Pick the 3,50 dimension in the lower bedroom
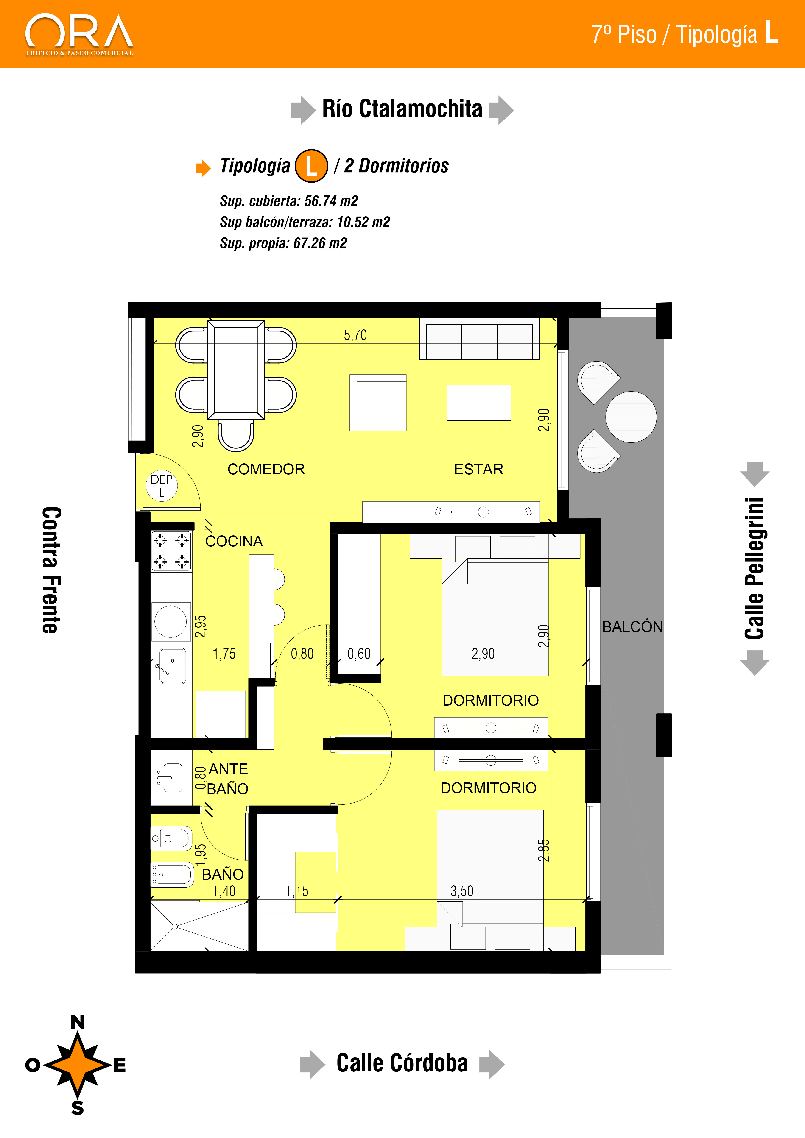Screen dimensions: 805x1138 click(x=462, y=891)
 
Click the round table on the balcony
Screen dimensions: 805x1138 click(x=631, y=417)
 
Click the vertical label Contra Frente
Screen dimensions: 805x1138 click(x=52, y=570)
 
